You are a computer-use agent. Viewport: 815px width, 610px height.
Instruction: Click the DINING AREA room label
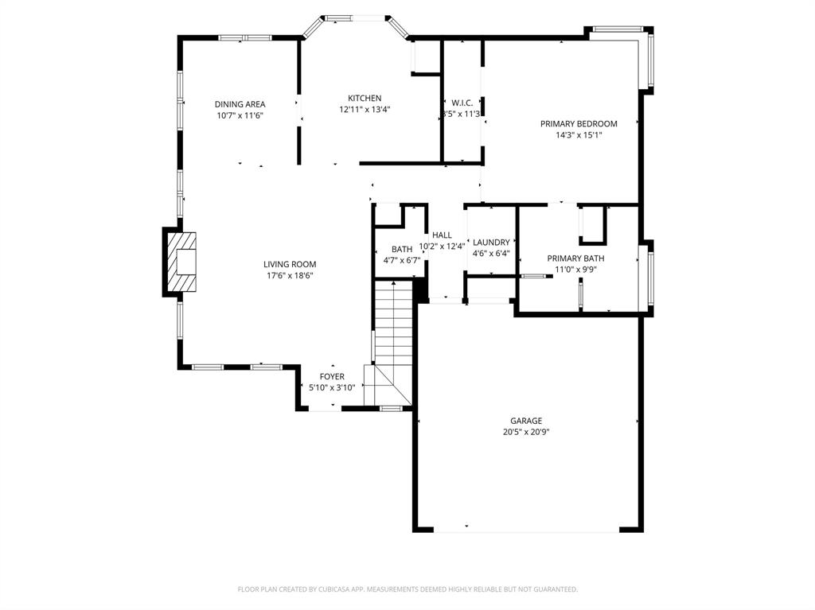240,104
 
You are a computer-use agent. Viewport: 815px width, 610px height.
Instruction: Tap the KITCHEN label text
364,99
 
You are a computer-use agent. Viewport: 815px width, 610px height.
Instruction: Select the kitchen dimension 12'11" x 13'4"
364,110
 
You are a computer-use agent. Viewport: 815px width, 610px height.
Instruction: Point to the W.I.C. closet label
462,103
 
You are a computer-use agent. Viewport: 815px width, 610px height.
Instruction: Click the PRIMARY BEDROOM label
579,124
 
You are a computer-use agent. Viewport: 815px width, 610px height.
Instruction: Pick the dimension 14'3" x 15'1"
579,135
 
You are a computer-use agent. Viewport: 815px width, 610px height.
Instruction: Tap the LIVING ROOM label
290,265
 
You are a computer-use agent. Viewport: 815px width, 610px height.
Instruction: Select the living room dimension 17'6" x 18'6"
290,276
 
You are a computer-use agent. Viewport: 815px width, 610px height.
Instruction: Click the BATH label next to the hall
401,250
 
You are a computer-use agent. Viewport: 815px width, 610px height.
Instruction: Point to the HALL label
442,235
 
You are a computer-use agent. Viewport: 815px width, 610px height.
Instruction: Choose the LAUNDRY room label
491,243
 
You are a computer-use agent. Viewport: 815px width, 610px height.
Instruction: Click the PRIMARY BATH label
575,258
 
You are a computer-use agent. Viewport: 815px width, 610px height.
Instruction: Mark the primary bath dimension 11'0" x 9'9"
575,270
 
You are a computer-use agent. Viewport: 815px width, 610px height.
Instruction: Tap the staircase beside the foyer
393,334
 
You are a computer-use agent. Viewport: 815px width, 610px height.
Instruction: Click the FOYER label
332,377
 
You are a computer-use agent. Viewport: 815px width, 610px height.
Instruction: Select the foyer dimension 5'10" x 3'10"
332,388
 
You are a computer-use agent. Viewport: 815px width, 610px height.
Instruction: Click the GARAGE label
526,422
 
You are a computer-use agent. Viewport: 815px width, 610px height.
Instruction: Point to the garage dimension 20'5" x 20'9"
526,433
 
